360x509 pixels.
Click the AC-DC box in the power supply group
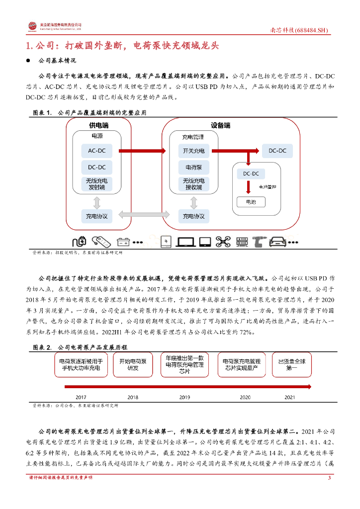click(x=97, y=151)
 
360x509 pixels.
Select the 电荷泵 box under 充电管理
click(x=193, y=168)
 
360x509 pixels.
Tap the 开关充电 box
click(x=193, y=151)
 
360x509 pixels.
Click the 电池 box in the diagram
click(x=249, y=202)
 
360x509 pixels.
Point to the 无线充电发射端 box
click(x=97, y=184)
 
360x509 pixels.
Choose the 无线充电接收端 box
click(x=193, y=184)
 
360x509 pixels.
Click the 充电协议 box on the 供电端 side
click(x=97, y=216)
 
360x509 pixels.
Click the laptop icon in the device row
click(x=186, y=242)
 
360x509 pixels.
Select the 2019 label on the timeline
click(x=184, y=398)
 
